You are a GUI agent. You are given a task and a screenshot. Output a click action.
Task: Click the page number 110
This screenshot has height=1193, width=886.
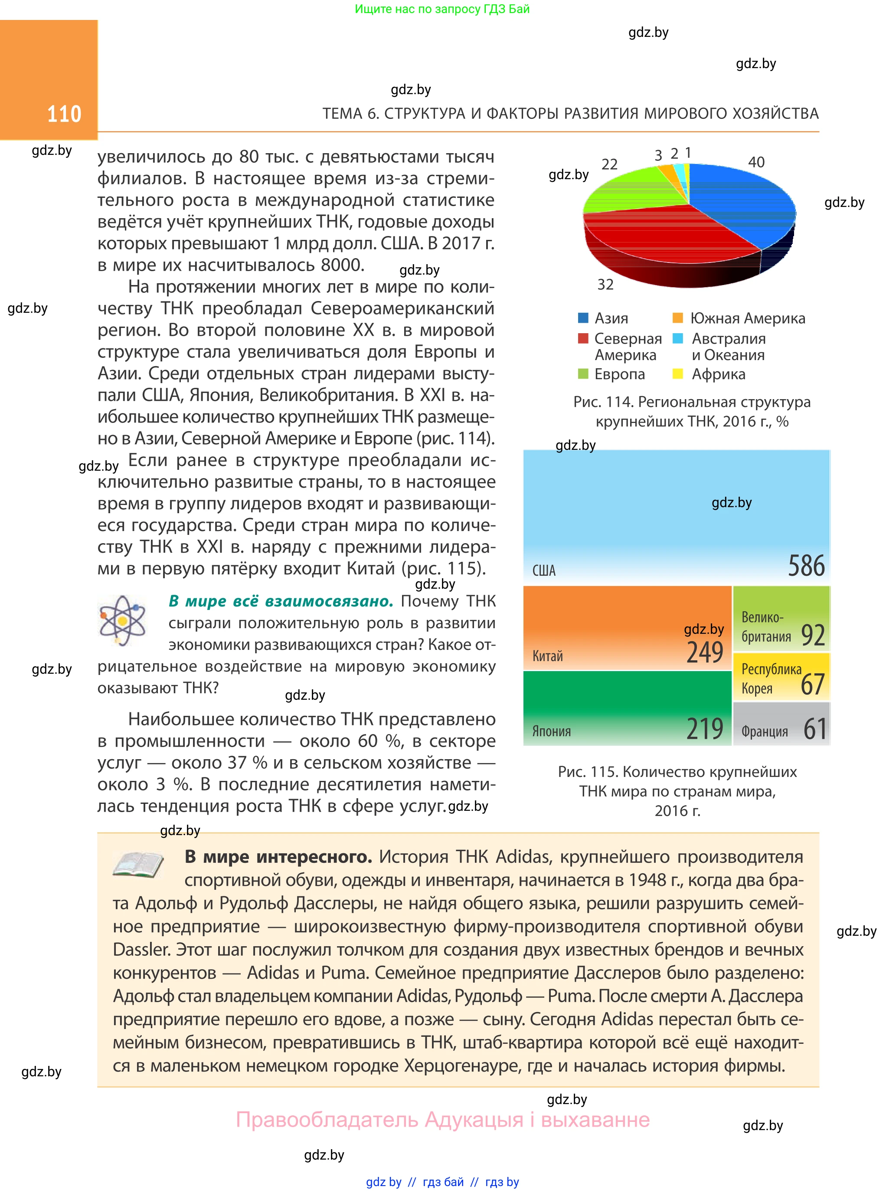64,114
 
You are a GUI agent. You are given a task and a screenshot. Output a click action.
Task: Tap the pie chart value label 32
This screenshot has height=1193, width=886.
605,284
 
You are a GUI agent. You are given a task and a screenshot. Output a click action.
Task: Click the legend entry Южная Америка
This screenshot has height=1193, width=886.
747,318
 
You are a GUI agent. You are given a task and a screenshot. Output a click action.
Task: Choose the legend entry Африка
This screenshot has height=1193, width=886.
718,374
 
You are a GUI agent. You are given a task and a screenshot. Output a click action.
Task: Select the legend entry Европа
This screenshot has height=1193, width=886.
619,374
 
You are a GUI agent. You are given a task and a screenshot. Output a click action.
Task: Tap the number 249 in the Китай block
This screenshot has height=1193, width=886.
705,652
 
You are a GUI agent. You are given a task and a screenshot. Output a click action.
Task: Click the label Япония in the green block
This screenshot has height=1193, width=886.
551,731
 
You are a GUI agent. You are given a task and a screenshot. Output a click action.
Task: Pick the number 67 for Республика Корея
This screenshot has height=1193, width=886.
812,684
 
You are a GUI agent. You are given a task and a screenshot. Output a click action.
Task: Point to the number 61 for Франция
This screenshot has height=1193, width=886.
815,729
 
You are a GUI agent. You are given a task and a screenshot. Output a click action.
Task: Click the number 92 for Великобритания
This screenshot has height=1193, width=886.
813,635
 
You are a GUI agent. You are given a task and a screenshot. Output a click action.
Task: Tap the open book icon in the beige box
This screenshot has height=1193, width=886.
138,864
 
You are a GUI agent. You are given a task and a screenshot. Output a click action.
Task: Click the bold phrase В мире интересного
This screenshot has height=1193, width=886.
278,857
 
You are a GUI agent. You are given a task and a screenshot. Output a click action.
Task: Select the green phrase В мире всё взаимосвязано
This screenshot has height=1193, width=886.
281,601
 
